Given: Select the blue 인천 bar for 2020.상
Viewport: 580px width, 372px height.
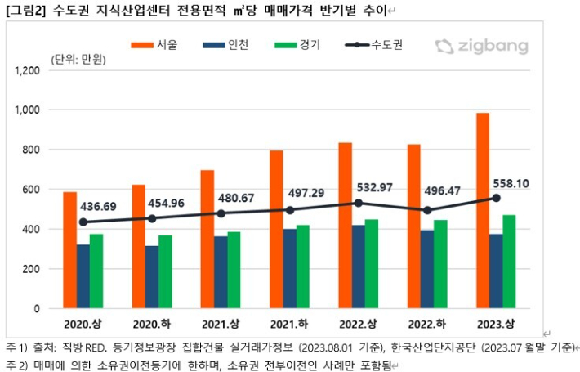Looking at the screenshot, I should [83, 277].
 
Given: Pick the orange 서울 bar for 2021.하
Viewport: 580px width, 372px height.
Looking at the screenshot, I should [277, 230].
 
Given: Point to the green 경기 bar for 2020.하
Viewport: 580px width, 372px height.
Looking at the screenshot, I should [165, 272].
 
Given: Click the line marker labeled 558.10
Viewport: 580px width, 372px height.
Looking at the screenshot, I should [496, 198].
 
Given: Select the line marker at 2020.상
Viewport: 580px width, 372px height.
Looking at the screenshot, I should [83, 222].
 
